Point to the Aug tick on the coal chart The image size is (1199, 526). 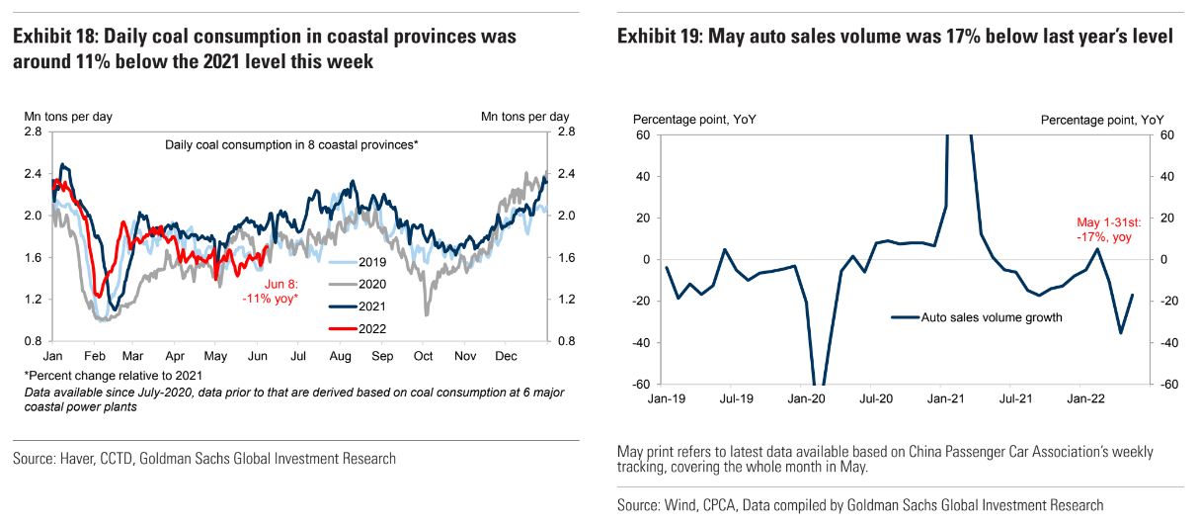point(340,356)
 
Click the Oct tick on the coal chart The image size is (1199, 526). point(424,356)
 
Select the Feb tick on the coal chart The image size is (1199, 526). point(95,356)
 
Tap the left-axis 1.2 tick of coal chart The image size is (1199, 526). point(33,300)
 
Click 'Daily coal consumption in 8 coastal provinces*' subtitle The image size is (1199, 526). point(291,145)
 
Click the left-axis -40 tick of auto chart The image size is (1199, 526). point(643,342)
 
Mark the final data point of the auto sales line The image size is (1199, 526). point(1132,295)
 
